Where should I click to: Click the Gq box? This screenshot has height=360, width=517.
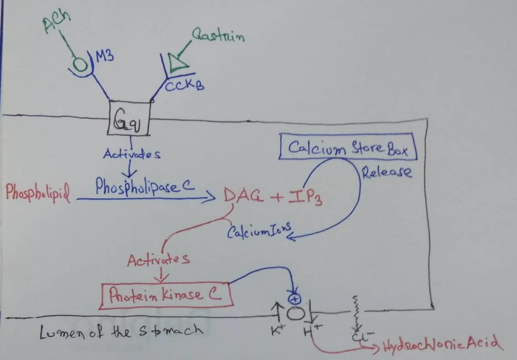[x=129, y=118]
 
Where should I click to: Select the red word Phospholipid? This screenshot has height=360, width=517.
[x=38, y=193]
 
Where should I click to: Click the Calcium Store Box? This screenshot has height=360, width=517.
[x=347, y=147]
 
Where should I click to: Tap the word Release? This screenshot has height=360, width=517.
[x=387, y=173]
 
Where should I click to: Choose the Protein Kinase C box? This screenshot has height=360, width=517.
[x=166, y=295]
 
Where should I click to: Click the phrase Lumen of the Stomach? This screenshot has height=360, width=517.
[x=121, y=331]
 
